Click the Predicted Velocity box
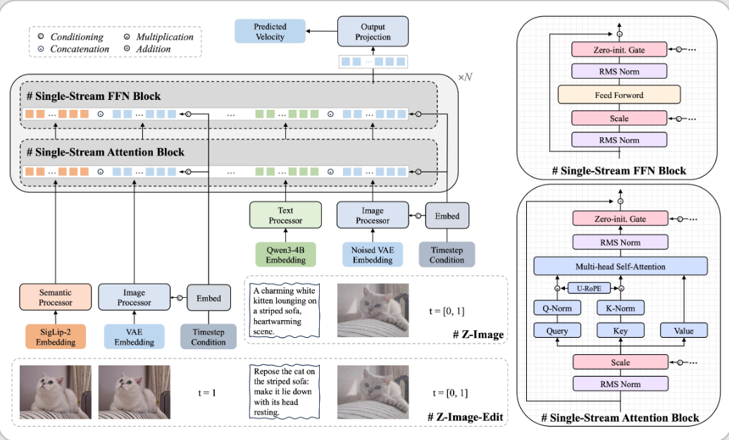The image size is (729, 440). [271, 32]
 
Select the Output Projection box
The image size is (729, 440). [373, 32]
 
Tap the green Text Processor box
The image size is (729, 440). [285, 215]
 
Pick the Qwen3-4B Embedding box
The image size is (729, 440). [285, 254]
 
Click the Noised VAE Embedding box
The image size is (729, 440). [373, 254]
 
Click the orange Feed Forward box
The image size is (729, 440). [619, 95]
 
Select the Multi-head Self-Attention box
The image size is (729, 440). [619, 267]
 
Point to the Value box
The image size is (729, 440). [682, 330]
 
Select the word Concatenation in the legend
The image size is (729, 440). [80, 49]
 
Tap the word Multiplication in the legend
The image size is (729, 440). [166, 37]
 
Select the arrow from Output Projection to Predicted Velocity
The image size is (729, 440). [323, 32]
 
